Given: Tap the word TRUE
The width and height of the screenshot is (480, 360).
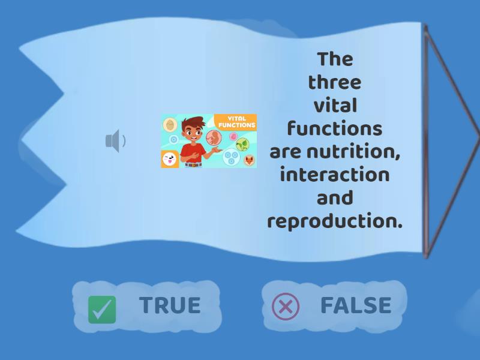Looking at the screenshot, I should [170, 305].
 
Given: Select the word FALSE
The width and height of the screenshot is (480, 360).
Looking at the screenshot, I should [356, 305].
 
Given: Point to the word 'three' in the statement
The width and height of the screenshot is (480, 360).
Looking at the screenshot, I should [335, 82].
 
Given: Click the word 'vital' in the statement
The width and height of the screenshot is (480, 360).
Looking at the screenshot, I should [335, 106].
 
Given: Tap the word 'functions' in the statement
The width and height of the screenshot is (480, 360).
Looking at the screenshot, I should [334, 128].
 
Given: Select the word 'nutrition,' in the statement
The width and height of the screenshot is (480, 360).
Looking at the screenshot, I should [353, 152].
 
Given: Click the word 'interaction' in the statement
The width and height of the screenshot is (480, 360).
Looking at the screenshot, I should [334, 175].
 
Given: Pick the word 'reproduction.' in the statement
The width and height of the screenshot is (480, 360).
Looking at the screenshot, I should [334, 221].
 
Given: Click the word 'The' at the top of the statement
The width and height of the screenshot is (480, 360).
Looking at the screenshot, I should [335, 59].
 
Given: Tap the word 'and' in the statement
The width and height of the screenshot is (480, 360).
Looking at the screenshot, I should [334, 198].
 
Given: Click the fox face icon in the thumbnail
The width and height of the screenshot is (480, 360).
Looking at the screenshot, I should [248, 160].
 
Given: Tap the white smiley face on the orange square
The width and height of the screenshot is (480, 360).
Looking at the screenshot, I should [169, 160].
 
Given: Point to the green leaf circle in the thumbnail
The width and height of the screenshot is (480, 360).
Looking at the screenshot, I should [242, 144].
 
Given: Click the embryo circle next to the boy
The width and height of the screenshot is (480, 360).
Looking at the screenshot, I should [214, 138].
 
